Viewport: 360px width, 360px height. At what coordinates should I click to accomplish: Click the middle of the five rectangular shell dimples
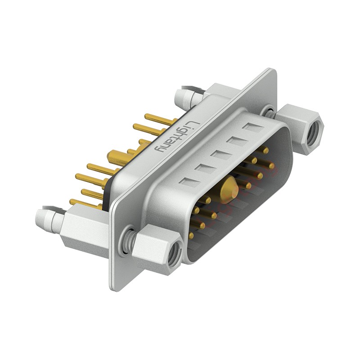(x=220, y=155)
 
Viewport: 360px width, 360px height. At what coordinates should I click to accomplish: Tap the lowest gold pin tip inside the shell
(x=192, y=235)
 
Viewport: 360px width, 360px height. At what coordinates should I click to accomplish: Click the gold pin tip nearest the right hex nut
(x=272, y=166)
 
